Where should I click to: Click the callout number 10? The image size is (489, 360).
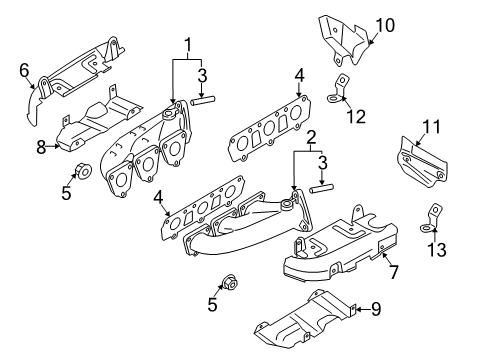385,25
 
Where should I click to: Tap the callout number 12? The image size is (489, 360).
356,117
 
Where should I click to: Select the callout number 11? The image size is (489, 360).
432,127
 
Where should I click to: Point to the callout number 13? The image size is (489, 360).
437,249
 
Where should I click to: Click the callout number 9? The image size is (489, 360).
376,309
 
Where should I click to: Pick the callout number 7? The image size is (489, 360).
394,272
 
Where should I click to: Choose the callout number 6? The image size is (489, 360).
24,70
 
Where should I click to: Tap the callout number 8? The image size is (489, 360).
41,147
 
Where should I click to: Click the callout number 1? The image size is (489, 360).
188,45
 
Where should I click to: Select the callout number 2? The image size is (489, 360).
311,137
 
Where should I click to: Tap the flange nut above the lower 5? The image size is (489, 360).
230,283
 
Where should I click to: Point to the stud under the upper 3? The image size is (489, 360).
203,100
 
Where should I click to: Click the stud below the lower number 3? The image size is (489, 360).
322,189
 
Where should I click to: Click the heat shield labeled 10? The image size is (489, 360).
344,40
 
